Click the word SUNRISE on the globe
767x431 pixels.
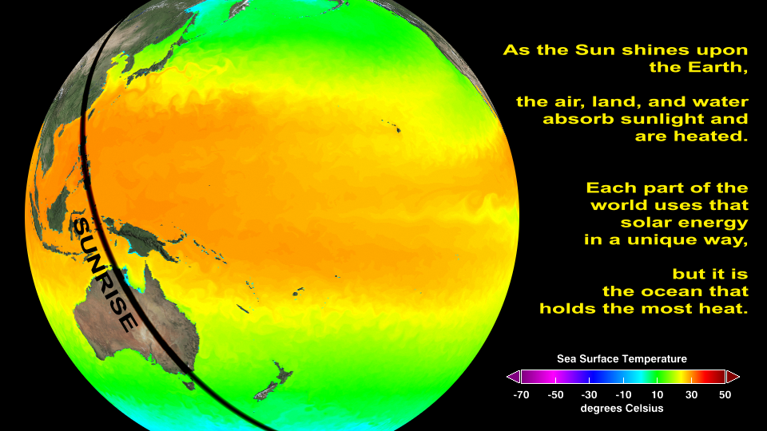coord(105,275)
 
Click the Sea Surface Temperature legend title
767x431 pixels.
coord(622,359)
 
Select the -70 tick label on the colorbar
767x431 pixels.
coord(521,395)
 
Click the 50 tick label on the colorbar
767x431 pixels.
coord(725,395)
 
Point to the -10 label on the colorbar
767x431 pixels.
coord(622,395)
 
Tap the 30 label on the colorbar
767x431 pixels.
coord(691,395)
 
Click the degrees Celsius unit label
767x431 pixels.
coord(622,409)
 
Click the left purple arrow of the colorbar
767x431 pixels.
coord(514,377)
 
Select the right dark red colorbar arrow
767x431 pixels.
coord(733,377)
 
